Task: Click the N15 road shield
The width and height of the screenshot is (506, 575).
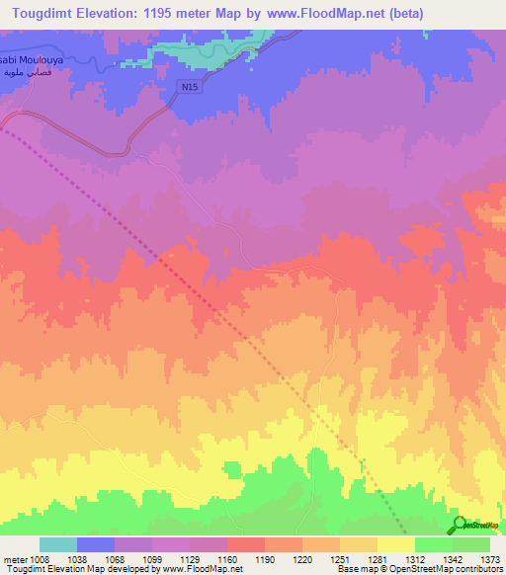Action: (190, 87)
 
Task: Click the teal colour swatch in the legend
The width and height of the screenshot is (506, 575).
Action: (58, 544)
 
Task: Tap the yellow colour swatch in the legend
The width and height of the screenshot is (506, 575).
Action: (395, 544)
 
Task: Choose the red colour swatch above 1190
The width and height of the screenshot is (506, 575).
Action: (245, 544)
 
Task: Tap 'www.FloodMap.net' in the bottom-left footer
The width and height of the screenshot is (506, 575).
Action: (201, 570)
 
